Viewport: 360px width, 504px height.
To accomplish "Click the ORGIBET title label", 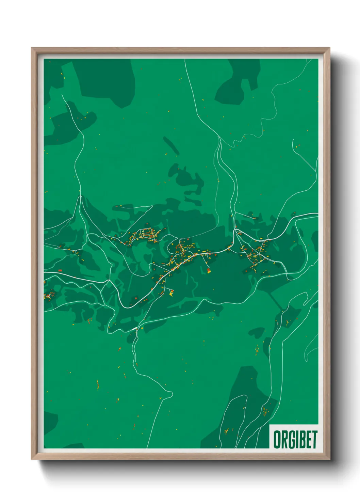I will click(295, 440).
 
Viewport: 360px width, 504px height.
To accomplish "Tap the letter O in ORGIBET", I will click(277, 440).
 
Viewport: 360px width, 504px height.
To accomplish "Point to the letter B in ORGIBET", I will click(302, 440).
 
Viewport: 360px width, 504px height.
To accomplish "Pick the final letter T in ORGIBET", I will click(314, 440).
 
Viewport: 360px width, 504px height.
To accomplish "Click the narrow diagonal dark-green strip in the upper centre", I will click(171, 145).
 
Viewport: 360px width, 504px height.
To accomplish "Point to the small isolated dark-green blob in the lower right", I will click(257, 332).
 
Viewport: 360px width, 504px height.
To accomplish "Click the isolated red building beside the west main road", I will click(60, 270).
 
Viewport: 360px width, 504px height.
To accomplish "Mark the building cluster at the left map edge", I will click(49, 295).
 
